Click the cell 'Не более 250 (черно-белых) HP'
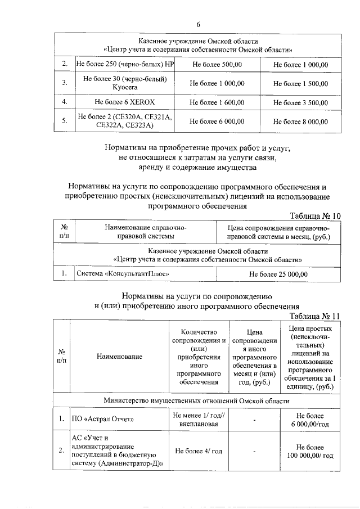pyautogui.click(x=124, y=65)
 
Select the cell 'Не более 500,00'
pyautogui.click(x=217, y=65)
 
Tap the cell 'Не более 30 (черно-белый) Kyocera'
pyautogui.click(x=124, y=83)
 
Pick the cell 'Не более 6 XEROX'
pyautogui.click(x=124, y=102)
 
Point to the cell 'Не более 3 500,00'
pyautogui.click(x=300, y=102)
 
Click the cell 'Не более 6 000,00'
pyautogui.click(x=217, y=121)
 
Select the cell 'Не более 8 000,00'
pyautogui.click(x=300, y=121)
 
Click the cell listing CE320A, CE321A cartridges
pyautogui.click(x=124, y=121)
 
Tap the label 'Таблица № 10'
pyautogui.click(x=315, y=216)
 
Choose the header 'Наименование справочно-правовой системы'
pyautogui.click(x=145, y=232)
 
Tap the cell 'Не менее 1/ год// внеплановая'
pyautogui.click(x=199, y=419)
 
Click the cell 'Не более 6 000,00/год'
pyautogui.click(x=309, y=419)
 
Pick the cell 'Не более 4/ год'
pyautogui.click(x=199, y=451)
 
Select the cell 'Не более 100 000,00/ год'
pyautogui.click(x=309, y=451)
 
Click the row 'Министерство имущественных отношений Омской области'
pyautogui.click(x=197, y=400)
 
